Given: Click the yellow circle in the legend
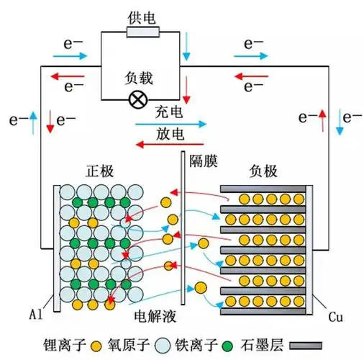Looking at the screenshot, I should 95,344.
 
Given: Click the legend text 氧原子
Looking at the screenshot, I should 126,343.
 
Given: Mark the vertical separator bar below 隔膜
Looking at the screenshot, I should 185,238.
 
